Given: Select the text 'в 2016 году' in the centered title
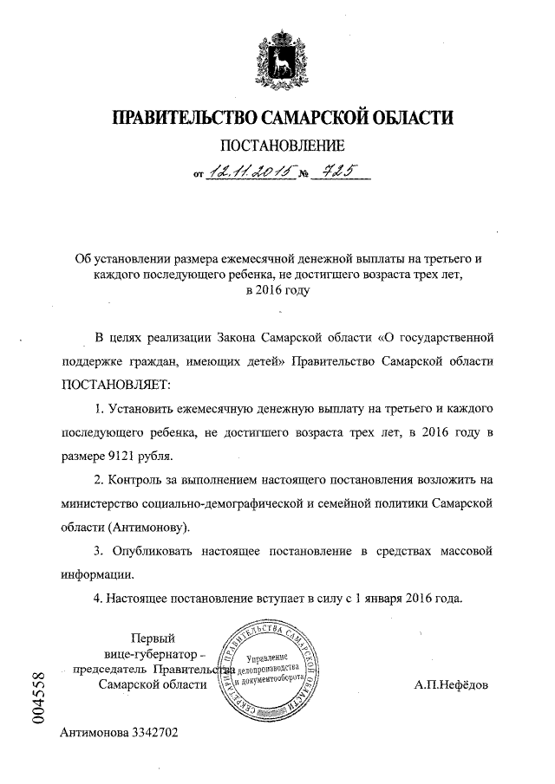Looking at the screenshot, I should pos(277,290).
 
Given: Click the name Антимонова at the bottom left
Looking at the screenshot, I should pos(95,732).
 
